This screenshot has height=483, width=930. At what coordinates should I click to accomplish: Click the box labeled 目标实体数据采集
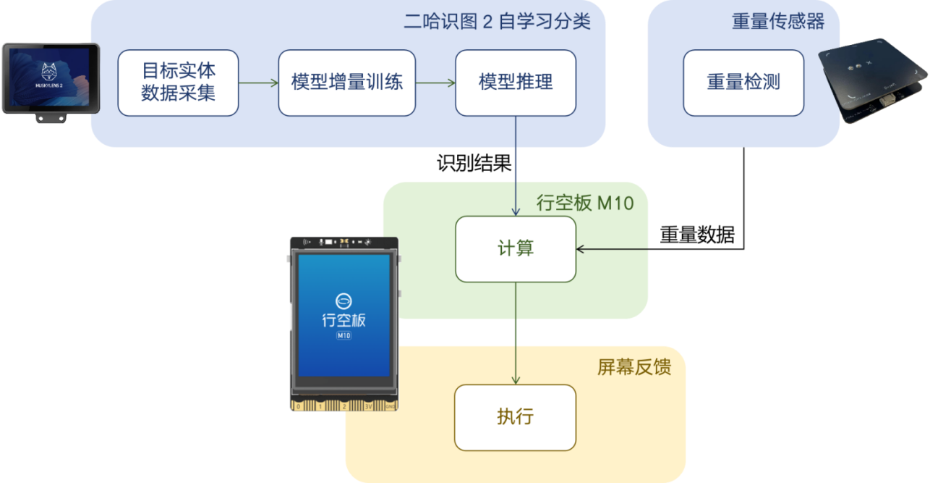pyautogui.click(x=178, y=83)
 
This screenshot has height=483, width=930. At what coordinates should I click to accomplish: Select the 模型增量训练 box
pyautogui.click(x=346, y=83)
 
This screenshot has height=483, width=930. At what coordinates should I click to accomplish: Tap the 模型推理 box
pyautogui.click(x=516, y=83)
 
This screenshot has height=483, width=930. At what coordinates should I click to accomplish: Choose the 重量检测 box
pyautogui.click(x=743, y=83)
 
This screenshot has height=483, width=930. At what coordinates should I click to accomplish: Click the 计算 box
pyautogui.click(x=516, y=249)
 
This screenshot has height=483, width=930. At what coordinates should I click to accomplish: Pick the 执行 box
pyautogui.click(x=516, y=417)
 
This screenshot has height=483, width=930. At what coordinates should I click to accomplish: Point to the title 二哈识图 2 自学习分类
pyautogui.click(x=497, y=22)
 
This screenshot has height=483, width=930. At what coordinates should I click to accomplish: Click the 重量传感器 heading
pyautogui.click(x=778, y=22)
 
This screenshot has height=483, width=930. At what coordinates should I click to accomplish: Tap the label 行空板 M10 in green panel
pyautogui.click(x=585, y=203)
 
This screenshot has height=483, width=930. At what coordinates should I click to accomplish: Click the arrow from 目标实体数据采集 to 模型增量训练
pyautogui.click(x=258, y=83)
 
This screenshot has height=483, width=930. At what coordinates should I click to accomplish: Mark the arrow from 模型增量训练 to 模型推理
pyautogui.click(x=435, y=83)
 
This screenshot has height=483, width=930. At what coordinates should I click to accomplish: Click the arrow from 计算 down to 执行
pyautogui.click(x=516, y=333)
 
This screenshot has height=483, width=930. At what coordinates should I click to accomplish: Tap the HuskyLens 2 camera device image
pyautogui.click(x=50, y=80)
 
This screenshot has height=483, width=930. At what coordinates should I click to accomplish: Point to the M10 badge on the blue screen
pyautogui.click(x=344, y=336)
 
